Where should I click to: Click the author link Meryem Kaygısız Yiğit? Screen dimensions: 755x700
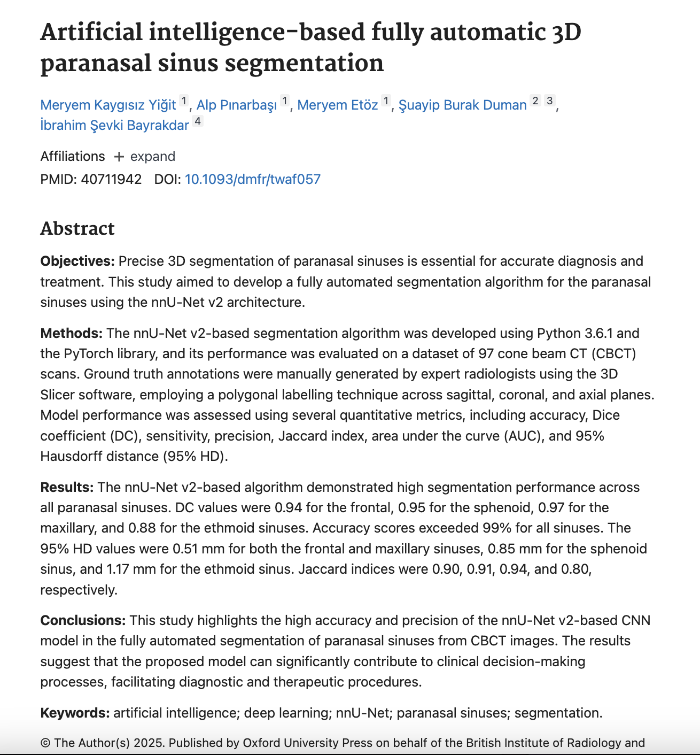tap(108, 105)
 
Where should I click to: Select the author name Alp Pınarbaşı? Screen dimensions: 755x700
tap(236, 105)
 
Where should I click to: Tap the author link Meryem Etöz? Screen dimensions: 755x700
tap(337, 105)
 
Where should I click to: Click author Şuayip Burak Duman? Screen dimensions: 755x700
tap(462, 105)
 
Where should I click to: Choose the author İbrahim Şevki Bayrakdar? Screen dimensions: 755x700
tap(114, 125)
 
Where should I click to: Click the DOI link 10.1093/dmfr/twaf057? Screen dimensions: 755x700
tap(252, 179)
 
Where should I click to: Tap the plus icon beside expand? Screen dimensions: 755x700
tap(119, 157)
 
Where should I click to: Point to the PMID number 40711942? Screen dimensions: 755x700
tap(111, 179)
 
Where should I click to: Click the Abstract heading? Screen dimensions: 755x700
tap(77, 228)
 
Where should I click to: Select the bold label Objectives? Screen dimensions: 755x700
tap(77, 261)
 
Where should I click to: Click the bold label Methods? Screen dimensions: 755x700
tap(72, 334)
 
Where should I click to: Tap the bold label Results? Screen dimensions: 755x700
tap(67, 488)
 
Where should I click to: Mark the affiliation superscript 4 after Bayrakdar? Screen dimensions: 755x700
tap(198, 121)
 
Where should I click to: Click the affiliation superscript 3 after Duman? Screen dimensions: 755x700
tap(549, 101)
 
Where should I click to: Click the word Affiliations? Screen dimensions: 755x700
tap(73, 157)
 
